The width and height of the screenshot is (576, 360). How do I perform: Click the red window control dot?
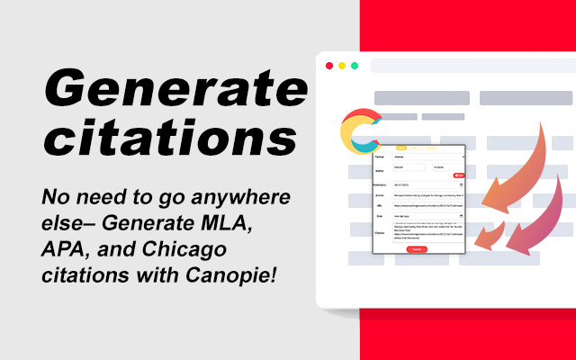point(329,66)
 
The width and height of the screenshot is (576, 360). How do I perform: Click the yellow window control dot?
point(342,66)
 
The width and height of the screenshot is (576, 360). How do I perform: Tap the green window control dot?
point(355,66)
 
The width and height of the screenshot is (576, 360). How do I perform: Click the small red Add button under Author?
point(458,175)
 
